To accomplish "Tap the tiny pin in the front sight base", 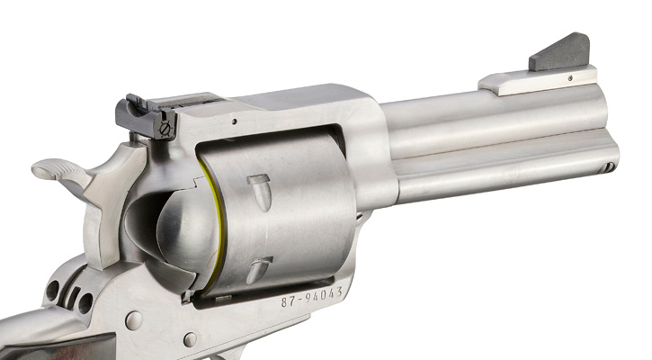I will click(x=570, y=79).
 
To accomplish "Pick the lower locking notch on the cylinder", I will click(x=259, y=267).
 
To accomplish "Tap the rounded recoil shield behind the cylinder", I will click(x=180, y=229).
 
